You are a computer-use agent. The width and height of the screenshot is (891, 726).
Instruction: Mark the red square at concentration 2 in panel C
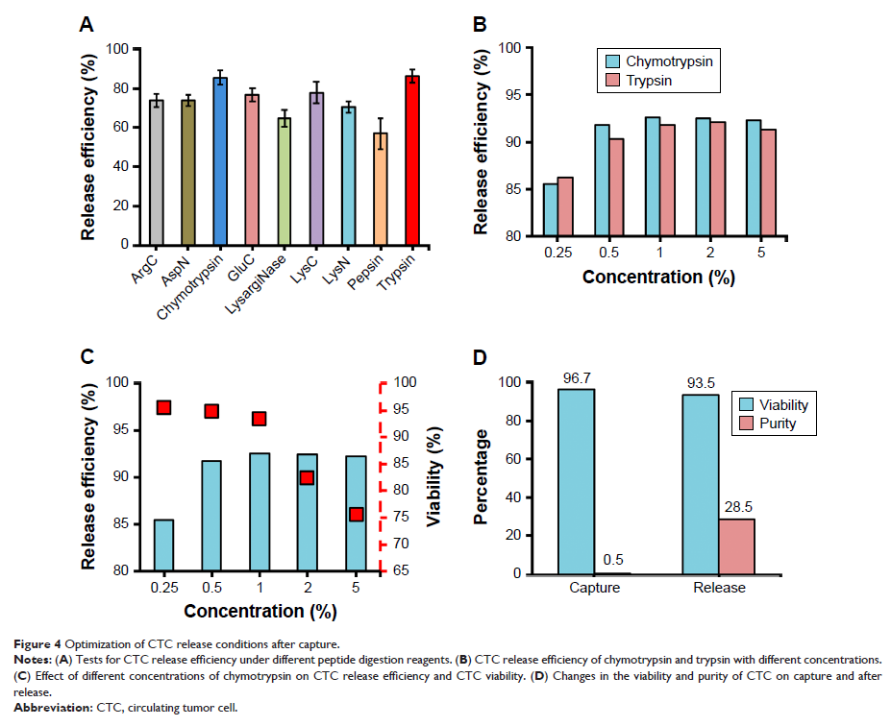click(x=307, y=477)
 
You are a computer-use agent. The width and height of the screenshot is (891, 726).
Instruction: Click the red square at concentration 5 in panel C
click(x=356, y=515)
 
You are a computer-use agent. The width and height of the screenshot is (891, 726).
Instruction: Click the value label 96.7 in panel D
click(x=578, y=376)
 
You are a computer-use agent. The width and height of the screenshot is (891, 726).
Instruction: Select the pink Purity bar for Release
click(x=736, y=546)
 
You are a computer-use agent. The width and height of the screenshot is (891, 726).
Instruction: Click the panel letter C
click(x=87, y=357)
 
